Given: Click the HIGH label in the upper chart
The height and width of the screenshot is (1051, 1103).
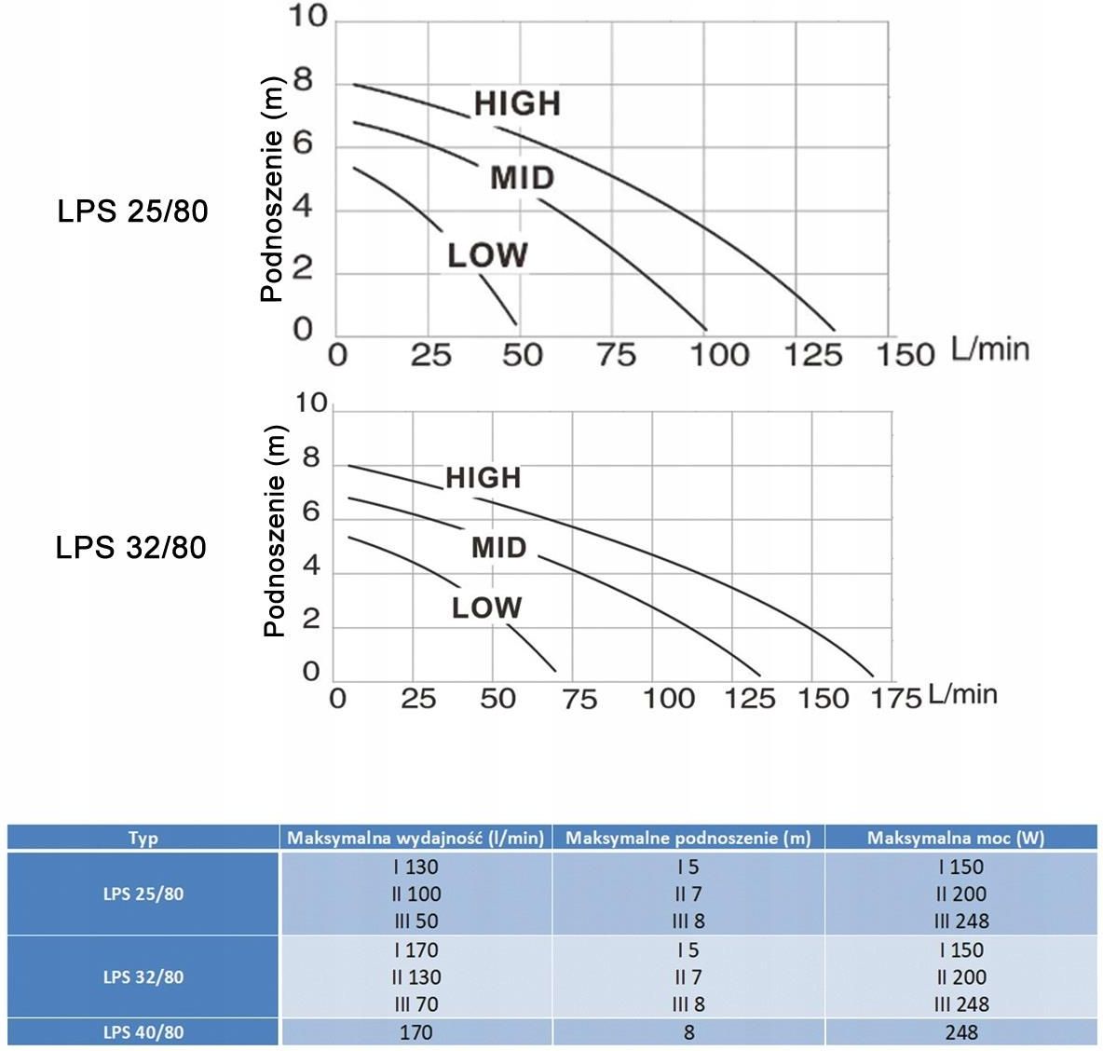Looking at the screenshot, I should point(517,103).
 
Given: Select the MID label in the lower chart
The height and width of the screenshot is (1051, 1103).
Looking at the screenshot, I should point(499,547).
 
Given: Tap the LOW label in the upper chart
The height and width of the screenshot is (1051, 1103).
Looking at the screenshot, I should point(487,255).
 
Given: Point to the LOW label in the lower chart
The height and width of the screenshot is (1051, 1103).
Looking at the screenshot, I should point(486,608).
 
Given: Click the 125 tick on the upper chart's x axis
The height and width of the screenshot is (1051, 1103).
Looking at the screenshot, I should point(813,355).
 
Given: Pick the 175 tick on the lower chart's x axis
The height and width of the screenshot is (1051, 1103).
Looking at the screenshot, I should point(897,698).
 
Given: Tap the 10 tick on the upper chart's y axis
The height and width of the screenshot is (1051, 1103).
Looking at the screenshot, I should point(306,18).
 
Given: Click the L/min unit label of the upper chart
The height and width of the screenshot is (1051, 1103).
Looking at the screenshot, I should point(989,349).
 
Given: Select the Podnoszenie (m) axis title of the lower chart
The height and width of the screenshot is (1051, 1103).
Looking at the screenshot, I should point(274,531).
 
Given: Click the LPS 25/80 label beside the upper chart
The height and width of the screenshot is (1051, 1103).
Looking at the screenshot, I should point(132,212).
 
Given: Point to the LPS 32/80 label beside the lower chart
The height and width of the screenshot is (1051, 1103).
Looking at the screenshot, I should point(130,547).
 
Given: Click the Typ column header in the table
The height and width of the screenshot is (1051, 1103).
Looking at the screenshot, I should point(143,838).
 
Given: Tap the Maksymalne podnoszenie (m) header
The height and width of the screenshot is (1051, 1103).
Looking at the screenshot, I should point(688,838).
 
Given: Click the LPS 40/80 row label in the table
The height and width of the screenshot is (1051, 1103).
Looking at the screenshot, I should point(143,1031).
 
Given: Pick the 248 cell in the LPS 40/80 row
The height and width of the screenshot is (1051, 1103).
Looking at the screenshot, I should point(960,1031).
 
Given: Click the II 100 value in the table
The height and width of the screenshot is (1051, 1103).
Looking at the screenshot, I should point(415,894).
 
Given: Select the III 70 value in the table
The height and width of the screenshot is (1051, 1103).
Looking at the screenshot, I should point(415,1004).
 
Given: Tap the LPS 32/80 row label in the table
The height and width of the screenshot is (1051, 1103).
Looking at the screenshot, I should point(143,976).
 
